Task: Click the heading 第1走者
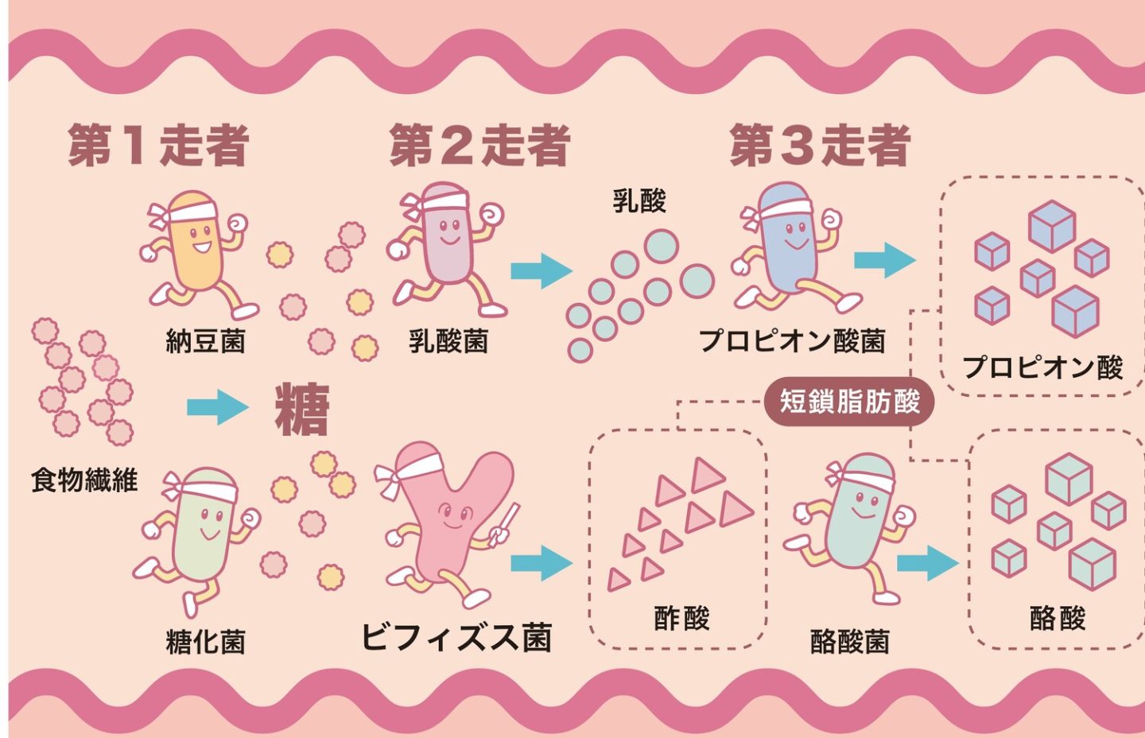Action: click(158, 146)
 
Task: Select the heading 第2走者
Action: click(479, 146)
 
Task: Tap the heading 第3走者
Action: click(820, 146)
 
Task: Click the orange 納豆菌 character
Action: click(196, 247)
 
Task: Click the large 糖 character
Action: click(302, 409)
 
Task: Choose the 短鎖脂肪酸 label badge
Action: click(849, 401)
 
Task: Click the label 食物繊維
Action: click(84, 480)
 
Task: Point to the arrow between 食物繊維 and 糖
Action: click(217, 408)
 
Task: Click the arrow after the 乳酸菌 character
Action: click(541, 270)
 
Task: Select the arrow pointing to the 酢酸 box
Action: click(541, 563)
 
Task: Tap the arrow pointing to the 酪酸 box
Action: click(927, 563)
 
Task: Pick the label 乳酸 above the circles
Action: click(639, 200)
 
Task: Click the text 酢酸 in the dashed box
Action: click(681, 618)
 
